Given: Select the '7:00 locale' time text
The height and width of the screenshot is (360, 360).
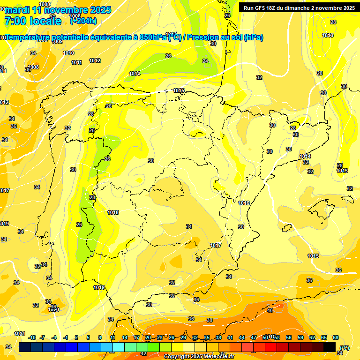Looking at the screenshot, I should (32, 21).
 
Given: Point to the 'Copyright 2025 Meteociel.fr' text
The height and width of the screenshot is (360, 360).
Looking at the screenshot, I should (199, 356).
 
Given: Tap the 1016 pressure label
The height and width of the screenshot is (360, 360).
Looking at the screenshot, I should (244, 203).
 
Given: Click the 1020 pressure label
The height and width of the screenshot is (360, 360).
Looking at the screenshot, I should (53, 309).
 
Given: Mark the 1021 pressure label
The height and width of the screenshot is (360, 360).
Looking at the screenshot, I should (19, 334).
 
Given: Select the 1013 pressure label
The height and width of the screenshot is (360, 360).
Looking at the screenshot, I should (342, 171).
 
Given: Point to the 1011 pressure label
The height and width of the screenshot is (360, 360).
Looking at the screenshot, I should (76, 62).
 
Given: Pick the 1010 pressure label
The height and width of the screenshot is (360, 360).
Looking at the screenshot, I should (68, 53).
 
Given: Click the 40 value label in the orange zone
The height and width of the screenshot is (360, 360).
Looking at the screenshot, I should (270, 310).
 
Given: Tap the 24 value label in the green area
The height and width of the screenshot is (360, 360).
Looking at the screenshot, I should (205, 61).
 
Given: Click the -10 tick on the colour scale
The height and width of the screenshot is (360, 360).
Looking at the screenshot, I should (32, 337).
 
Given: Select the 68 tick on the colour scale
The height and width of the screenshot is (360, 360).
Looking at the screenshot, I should (336, 337).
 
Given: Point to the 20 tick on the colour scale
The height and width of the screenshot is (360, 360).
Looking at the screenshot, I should (148, 337).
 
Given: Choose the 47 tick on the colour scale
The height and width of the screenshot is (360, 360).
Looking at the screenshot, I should (254, 337).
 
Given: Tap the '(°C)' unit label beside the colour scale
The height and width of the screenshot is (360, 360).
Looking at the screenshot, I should (345, 348).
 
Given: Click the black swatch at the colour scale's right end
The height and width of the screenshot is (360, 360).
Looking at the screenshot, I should (330, 347).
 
